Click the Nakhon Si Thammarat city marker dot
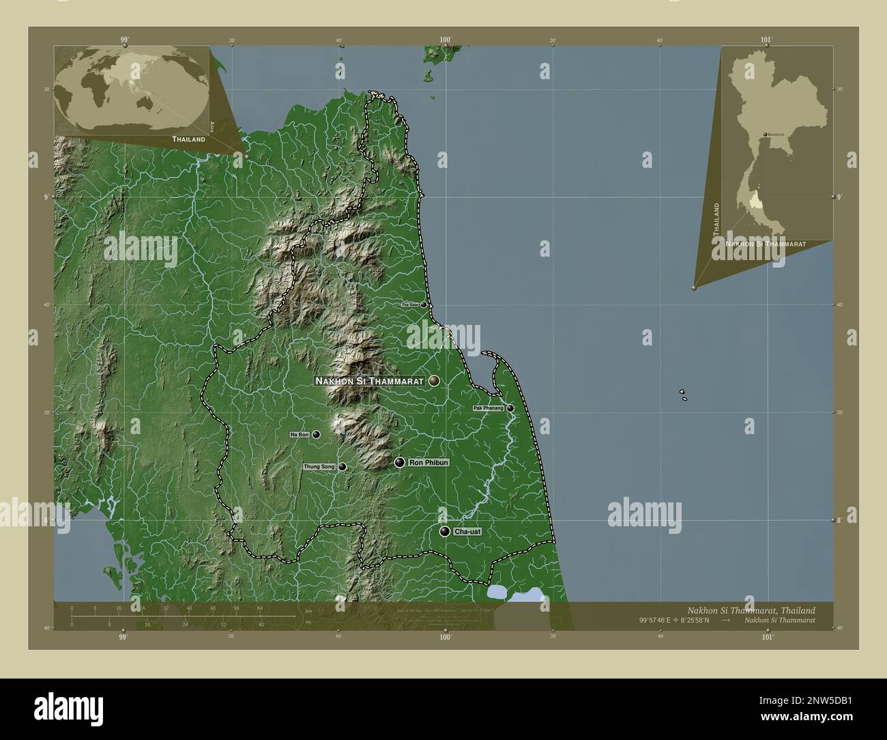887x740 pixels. click(x=434, y=381)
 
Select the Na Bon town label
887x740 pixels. click(x=300, y=434)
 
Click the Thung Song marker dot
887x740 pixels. click(x=342, y=467)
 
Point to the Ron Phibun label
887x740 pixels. click(x=428, y=463)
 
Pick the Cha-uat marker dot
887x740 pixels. click(x=445, y=531)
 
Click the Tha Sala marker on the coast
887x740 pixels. click(x=424, y=304)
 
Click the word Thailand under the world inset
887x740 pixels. click(x=188, y=139)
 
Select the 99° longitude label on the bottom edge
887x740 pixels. click(x=123, y=638)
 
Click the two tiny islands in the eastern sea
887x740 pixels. click(x=682, y=395)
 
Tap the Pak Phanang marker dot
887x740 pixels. click(x=510, y=408)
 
